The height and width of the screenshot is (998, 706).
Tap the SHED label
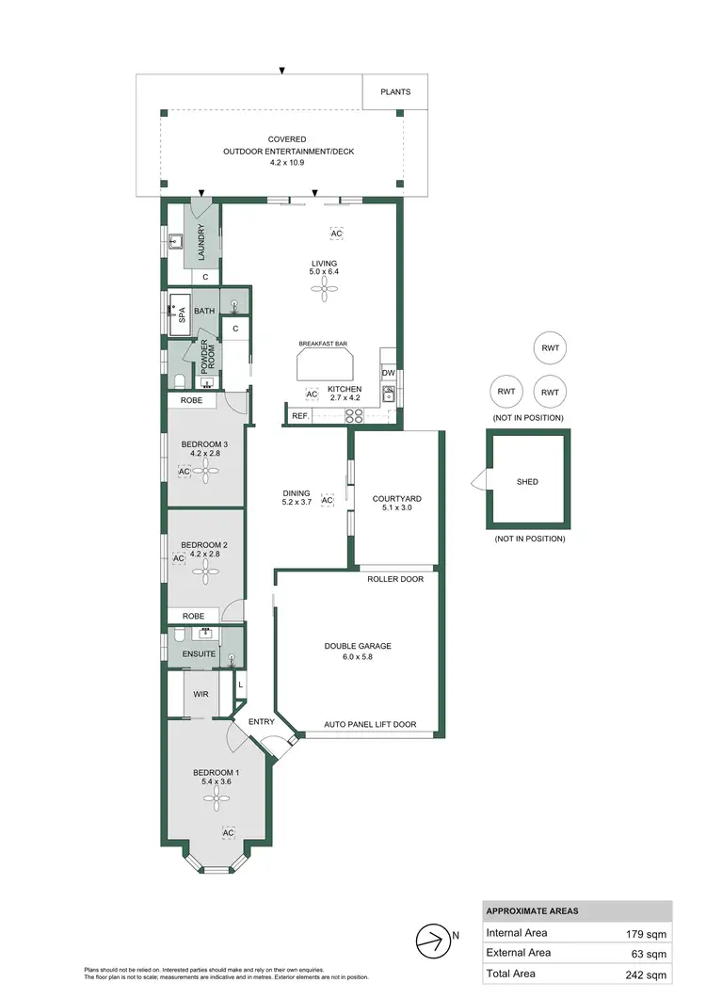pos(527,482)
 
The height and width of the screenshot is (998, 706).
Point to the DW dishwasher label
pos(388,373)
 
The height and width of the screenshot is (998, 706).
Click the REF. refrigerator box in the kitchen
pos(300,415)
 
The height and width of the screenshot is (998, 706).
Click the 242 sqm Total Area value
pos(646,974)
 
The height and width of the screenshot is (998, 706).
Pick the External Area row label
pos(519,954)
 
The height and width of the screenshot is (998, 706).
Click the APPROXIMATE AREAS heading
pos(532,911)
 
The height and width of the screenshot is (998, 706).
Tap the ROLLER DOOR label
pos(395,579)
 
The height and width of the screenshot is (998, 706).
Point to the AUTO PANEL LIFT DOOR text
pos(370,725)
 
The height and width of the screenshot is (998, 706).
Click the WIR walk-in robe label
pos(200,694)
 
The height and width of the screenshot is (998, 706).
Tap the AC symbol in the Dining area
pos(328,500)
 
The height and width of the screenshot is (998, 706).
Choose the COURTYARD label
pos(396,499)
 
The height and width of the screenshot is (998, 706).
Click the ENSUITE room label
pos(199,653)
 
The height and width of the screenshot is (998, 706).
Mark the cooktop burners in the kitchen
pos(355,415)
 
